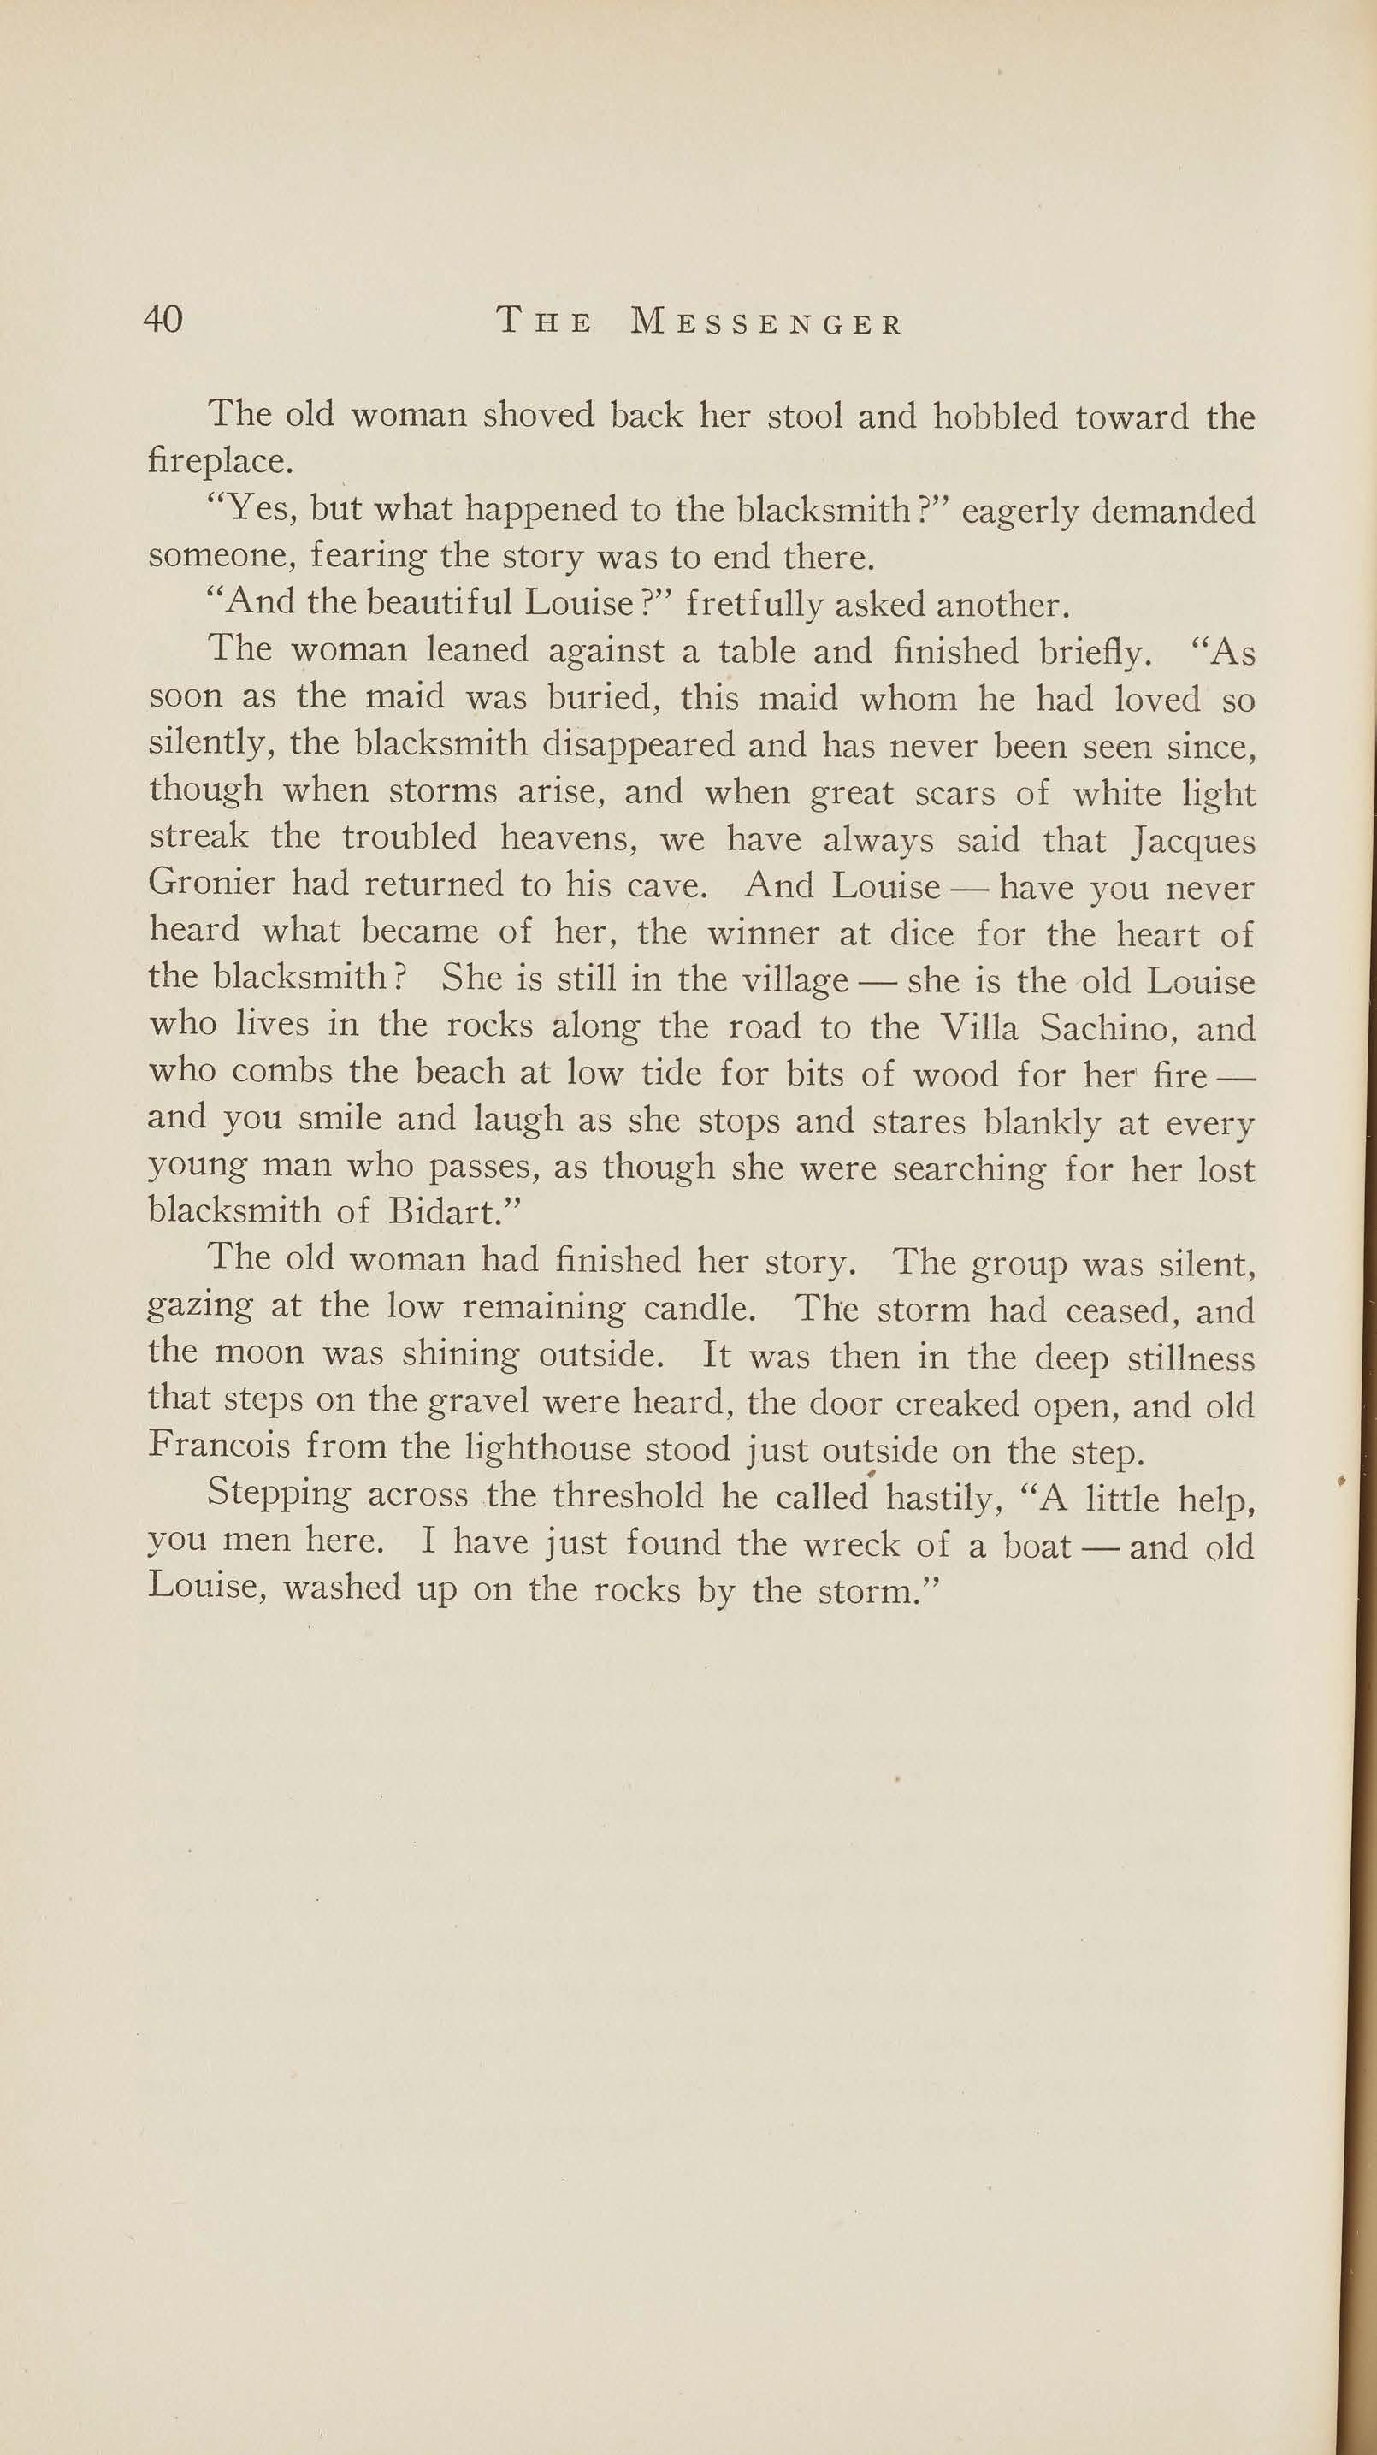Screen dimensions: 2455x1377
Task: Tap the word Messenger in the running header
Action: pos(766,323)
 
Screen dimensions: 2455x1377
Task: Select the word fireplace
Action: pos(218,462)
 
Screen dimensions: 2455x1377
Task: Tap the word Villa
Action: pos(978,1027)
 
